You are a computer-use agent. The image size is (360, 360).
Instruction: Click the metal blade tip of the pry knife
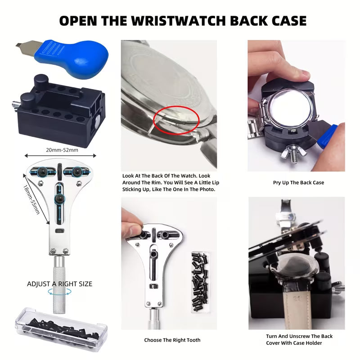tap(20, 45)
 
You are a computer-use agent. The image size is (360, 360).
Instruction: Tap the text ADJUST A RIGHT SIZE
tap(59, 284)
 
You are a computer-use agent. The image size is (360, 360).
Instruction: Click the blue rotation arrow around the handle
tap(59, 292)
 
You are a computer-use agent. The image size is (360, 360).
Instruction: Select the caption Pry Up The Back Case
tap(298, 183)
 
